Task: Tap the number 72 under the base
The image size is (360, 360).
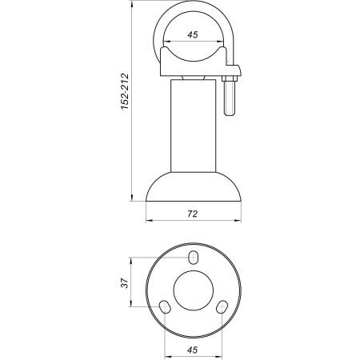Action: coord(192,213)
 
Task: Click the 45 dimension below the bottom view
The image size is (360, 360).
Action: coord(193,348)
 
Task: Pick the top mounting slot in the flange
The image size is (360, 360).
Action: coord(194,258)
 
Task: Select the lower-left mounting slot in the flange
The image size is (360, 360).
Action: coord(165,307)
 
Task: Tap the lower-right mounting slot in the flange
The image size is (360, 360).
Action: coord(222,307)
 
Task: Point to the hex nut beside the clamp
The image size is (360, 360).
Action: coord(230,78)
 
